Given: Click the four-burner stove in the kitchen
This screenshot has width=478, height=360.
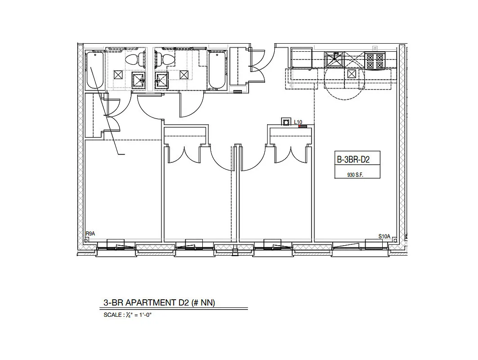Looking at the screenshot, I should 375,61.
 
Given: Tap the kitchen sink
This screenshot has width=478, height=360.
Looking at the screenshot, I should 334,60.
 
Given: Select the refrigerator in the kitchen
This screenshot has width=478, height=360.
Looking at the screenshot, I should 302,58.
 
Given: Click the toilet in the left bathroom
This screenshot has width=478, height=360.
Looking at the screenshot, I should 133,59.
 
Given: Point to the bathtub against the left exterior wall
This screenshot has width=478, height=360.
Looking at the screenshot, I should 95,70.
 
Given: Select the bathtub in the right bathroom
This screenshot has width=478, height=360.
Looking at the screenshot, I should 218,71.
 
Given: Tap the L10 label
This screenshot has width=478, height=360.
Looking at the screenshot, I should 298,122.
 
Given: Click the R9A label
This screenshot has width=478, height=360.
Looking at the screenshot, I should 90,234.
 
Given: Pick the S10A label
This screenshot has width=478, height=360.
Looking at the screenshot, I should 384,236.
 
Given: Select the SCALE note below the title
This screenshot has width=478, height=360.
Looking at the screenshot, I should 128,315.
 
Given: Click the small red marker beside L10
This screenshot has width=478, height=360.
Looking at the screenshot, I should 303,126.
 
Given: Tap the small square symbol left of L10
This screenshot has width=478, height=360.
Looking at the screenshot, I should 286,122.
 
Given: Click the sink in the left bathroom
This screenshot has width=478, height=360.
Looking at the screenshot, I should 139,80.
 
